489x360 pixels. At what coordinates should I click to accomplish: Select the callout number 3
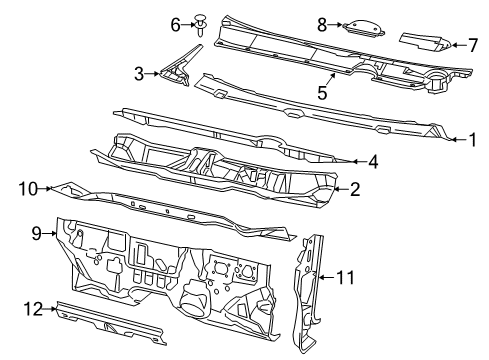pyautogui.click(x=140, y=73)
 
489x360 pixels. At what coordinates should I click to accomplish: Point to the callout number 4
pyautogui.click(x=372, y=160)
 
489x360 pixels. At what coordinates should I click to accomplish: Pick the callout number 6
pyautogui.click(x=174, y=23)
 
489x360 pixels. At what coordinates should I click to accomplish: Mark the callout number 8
pyautogui.click(x=322, y=23)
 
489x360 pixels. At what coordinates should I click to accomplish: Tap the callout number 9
pyautogui.click(x=36, y=234)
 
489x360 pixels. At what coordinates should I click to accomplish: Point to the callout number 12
pyautogui.click(x=33, y=310)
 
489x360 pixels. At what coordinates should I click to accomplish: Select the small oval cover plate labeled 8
pyautogui.click(x=361, y=27)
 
